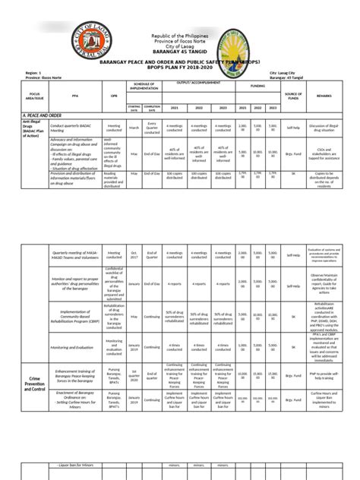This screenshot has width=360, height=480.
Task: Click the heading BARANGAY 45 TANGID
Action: [179, 53]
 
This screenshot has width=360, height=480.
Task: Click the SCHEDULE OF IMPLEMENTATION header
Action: [144, 85]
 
